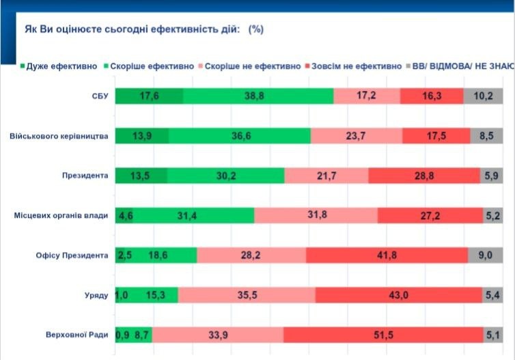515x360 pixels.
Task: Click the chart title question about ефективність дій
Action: (144, 29)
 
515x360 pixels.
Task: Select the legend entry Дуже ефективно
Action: (55, 66)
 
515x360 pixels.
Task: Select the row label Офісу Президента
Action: (73, 255)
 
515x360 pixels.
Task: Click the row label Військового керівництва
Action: (59, 136)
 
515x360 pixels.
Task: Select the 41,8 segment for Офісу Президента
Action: (387, 255)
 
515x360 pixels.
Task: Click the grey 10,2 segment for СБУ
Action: (484, 96)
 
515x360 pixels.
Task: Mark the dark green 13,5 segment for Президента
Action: (141, 176)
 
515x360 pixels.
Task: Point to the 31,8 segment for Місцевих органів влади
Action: (316, 216)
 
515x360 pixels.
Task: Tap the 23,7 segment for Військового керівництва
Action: (356, 136)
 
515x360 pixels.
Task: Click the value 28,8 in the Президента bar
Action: (423, 176)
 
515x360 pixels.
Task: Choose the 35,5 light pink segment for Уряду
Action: (247, 295)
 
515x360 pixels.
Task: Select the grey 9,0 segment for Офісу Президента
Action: (486, 255)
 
